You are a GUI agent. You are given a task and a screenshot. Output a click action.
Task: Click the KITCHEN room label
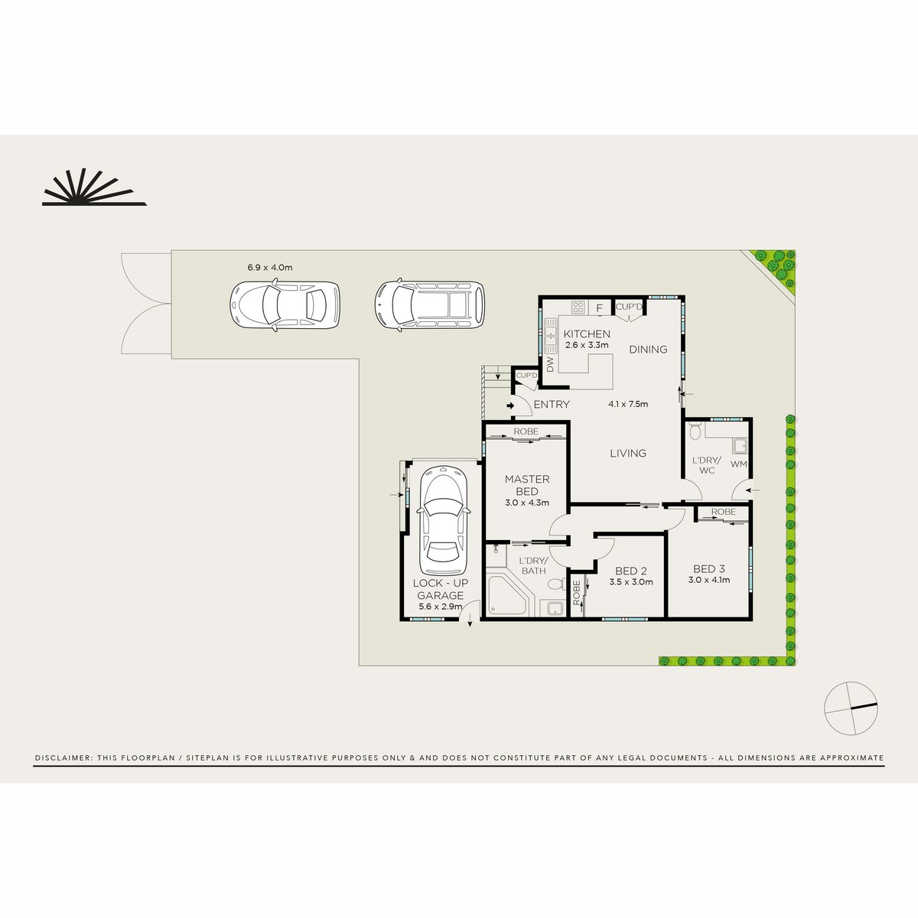pyautogui.click(x=587, y=334)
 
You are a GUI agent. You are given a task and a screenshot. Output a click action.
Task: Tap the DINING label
pyautogui.click(x=648, y=350)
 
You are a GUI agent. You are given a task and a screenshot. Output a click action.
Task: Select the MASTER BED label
pyautogui.click(x=526, y=485)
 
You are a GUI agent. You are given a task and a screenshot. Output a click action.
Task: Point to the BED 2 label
pyautogui.click(x=631, y=571)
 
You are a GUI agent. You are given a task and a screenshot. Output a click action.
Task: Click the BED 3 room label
pyautogui.click(x=708, y=569)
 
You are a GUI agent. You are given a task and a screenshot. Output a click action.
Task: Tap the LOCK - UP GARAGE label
pyautogui.click(x=440, y=589)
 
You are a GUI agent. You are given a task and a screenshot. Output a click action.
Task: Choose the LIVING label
pyautogui.click(x=627, y=453)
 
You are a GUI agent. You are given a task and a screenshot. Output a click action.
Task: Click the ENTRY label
pyautogui.click(x=551, y=405)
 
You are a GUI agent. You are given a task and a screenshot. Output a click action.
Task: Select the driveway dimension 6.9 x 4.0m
pyautogui.click(x=269, y=268)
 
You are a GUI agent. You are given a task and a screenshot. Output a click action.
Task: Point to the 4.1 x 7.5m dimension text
pyautogui.click(x=628, y=405)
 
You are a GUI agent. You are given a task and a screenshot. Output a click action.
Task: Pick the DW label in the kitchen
pyautogui.click(x=549, y=364)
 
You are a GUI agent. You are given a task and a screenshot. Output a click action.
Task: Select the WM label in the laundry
pyautogui.click(x=738, y=464)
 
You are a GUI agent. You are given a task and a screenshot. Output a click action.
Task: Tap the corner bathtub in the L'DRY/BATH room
pyautogui.click(x=506, y=593)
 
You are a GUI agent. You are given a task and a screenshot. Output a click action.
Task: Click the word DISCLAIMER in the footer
pyautogui.click(x=61, y=758)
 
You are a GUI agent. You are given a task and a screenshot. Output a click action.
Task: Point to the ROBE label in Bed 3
pyautogui.click(x=723, y=511)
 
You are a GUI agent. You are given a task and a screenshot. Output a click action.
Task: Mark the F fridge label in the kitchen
pyautogui.click(x=600, y=308)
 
